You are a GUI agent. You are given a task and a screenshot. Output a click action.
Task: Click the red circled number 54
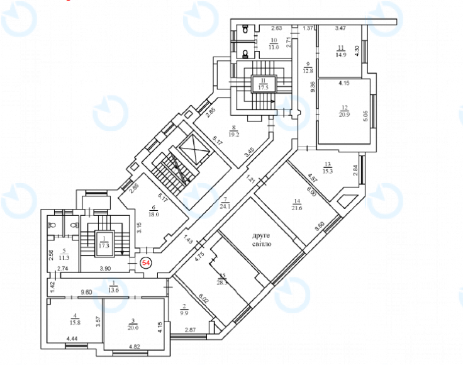click(x=146, y=263)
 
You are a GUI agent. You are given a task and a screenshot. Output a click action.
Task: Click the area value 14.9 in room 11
click(x=342, y=53)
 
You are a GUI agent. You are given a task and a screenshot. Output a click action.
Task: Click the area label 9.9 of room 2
click(x=184, y=311)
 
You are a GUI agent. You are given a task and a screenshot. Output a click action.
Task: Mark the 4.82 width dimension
click(x=133, y=346)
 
